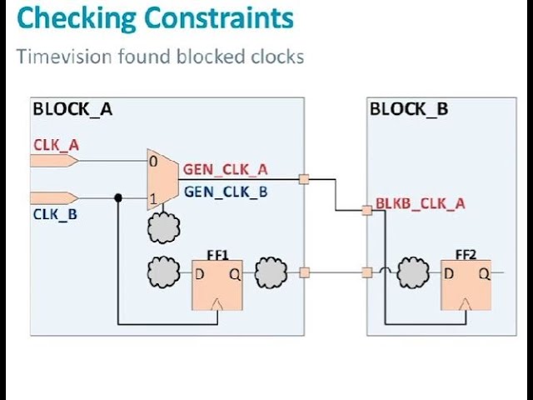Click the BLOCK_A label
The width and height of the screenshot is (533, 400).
click(72, 109)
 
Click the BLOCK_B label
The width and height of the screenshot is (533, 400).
click(408, 109)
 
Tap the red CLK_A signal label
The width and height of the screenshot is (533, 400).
click(56, 144)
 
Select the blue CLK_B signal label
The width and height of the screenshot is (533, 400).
click(56, 213)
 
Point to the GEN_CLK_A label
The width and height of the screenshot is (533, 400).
click(226, 170)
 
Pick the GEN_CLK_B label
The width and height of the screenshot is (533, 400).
click(226, 191)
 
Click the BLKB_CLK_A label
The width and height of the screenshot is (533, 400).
click(420, 202)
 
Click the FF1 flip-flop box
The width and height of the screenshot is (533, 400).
click(217, 284)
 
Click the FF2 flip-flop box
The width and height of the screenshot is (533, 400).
click(466, 284)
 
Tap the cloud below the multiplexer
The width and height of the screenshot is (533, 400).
click(163, 226)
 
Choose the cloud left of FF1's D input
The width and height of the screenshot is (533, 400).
click(163, 272)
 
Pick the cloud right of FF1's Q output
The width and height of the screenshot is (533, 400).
click(271, 272)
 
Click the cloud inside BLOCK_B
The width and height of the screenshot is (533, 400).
click(413, 272)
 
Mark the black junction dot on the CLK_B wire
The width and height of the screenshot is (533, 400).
click(118, 197)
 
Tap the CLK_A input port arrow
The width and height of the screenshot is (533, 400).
click(54, 160)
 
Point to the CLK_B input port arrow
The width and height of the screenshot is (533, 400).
click(54, 197)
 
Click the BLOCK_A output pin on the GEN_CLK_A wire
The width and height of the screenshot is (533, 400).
click(304, 178)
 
